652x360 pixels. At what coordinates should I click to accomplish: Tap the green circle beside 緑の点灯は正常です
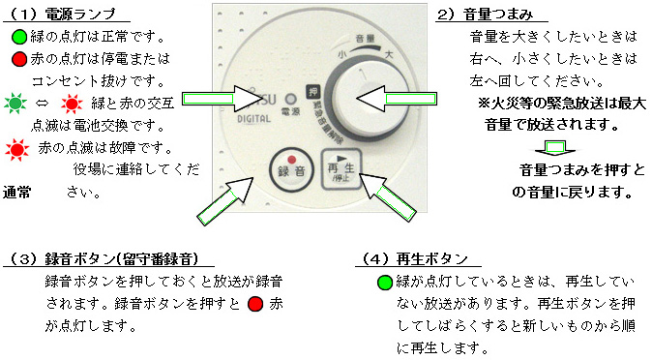point(19,38)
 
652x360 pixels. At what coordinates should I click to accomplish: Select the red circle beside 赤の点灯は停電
point(19,59)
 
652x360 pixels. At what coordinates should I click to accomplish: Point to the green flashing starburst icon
point(15,103)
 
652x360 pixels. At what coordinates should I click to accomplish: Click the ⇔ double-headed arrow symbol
point(43,104)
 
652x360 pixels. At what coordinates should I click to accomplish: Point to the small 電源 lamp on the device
point(288,99)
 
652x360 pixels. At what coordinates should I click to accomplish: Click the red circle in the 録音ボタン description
point(254,303)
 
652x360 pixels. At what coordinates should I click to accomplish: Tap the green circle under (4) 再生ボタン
point(384,282)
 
